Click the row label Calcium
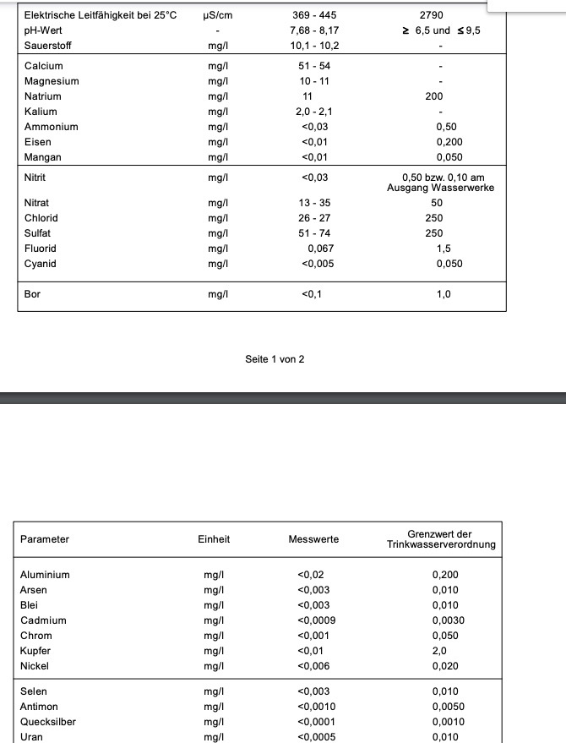click(x=43, y=66)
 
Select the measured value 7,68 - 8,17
click(x=314, y=30)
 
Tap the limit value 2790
click(x=431, y=15)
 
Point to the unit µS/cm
click(x=218, y=15)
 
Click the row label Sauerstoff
click(x=49, y=46)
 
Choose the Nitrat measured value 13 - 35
click(x=314, y=203)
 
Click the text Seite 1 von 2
click(x=275, y=359)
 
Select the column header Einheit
click(x=214, y=539)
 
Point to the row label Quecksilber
click(x=47, y=722)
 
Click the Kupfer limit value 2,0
click(x=439, y=651)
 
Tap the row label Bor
click(x=32, y=294)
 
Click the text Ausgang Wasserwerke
click(x=440, y=188)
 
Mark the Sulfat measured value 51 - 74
click(x=314, y=233)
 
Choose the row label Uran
click(x=32, y=737)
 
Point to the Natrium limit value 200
click(x=433, y=96)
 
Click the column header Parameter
click(x=45, y=539)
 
